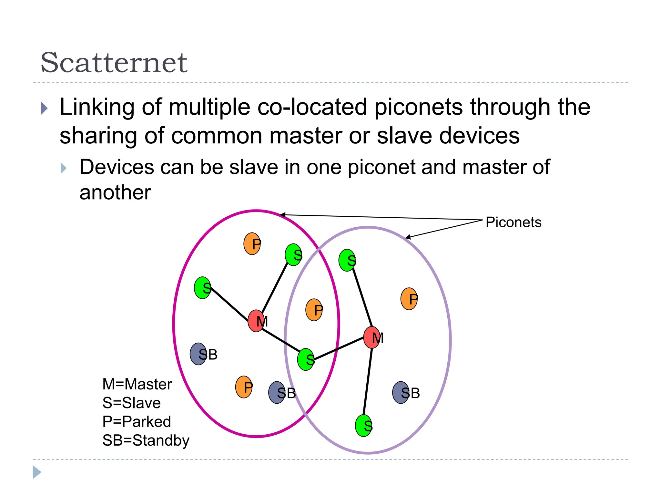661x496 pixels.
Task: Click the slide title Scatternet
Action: pos(114,62)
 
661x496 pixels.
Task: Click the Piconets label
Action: pos(513,222)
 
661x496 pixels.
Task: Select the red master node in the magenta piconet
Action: pos(256,321)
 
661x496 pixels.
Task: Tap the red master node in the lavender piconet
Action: pos(371,337)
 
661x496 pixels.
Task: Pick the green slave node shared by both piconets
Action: pos(306,359)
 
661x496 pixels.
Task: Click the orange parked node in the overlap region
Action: pos(314,310)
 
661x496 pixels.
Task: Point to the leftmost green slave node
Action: pos(202,288)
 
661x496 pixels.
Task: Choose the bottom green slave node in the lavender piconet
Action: pos(363,426)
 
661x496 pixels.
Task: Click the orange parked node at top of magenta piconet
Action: pos(252,244)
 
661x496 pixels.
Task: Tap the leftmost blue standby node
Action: pos(198,354)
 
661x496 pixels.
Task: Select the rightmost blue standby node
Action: pos(401,393)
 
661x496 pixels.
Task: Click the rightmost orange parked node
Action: pos(409,299)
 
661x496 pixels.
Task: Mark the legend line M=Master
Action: pos(137,384)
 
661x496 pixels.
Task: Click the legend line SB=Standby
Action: pos(146,440)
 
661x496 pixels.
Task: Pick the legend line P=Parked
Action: pos(137,422)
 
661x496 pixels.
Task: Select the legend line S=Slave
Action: pos(131,403)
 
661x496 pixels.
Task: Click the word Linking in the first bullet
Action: pos(97,107)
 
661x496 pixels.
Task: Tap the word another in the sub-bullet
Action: pos(115,193)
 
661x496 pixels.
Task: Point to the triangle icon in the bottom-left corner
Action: pos(37,472)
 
